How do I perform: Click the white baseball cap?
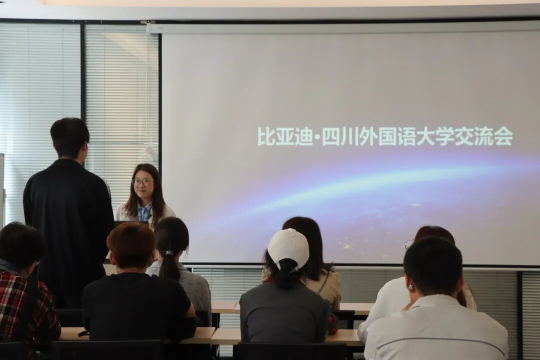pos(288,248)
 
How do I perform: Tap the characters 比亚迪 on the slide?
pos(284,137)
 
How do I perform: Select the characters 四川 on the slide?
pos(339,137)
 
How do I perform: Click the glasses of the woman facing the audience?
pos(142,182)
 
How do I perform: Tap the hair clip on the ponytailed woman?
pos(169,252)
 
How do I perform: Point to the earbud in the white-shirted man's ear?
pos(410,287)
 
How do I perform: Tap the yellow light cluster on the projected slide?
pos(348,246)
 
